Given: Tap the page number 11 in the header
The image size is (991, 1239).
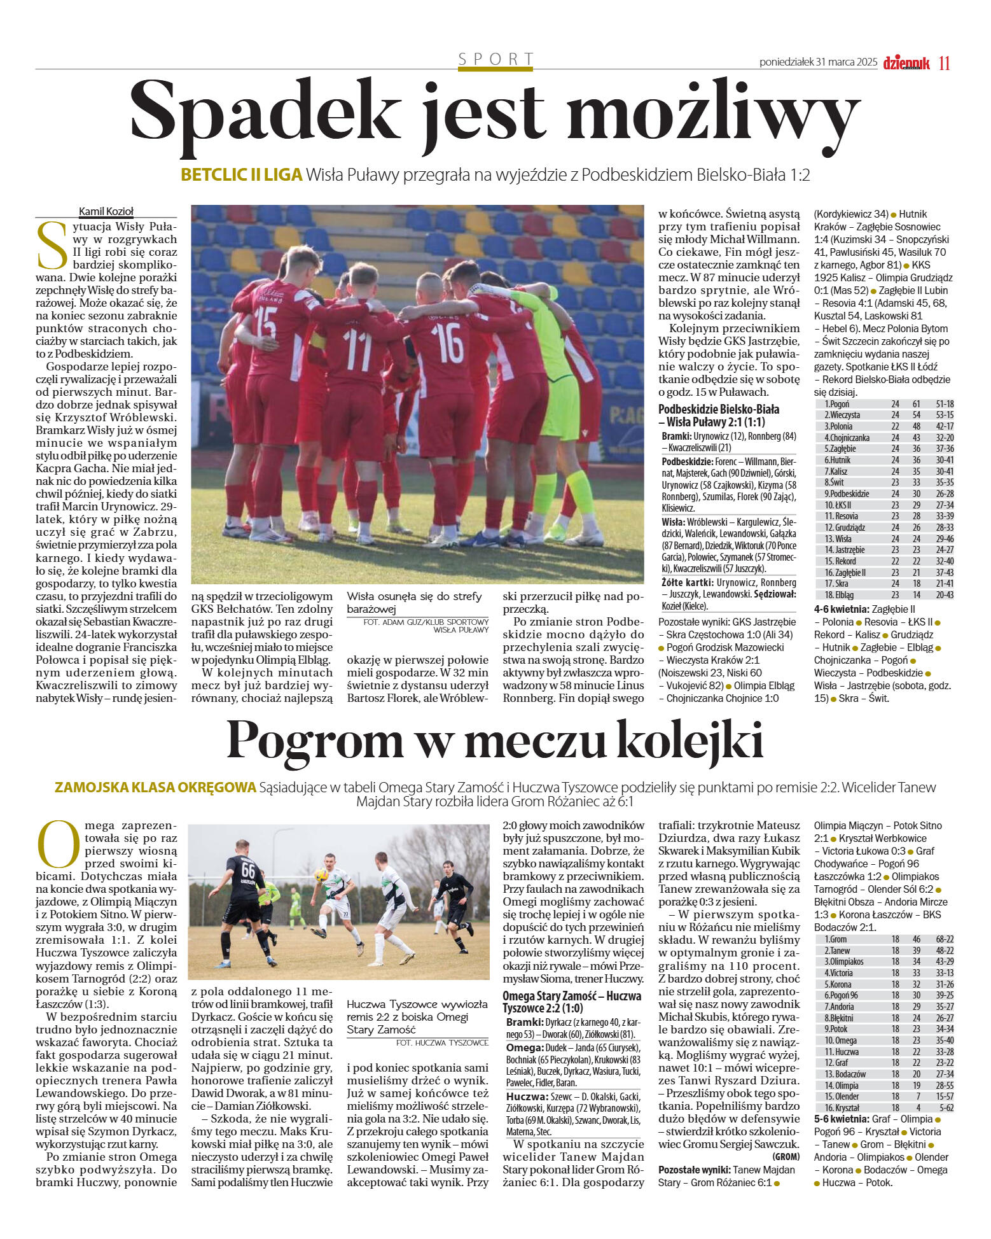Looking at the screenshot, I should [944, 63].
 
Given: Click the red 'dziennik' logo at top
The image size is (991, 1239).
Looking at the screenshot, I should [906, 62].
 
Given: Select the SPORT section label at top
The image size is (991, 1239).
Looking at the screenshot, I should [496, 59].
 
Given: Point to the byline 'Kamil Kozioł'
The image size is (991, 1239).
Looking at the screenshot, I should [106, 211].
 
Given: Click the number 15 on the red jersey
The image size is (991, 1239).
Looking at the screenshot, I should [265, 324].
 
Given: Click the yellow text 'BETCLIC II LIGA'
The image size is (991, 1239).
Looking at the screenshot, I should [241, 174].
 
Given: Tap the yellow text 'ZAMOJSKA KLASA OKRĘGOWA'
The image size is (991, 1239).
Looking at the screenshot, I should [155, 787].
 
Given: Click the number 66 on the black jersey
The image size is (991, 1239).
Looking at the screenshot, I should [247, 869].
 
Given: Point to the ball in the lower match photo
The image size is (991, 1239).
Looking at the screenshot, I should [321, 876].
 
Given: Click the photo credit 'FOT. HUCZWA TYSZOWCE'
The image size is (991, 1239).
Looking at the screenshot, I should [442, 1042].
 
